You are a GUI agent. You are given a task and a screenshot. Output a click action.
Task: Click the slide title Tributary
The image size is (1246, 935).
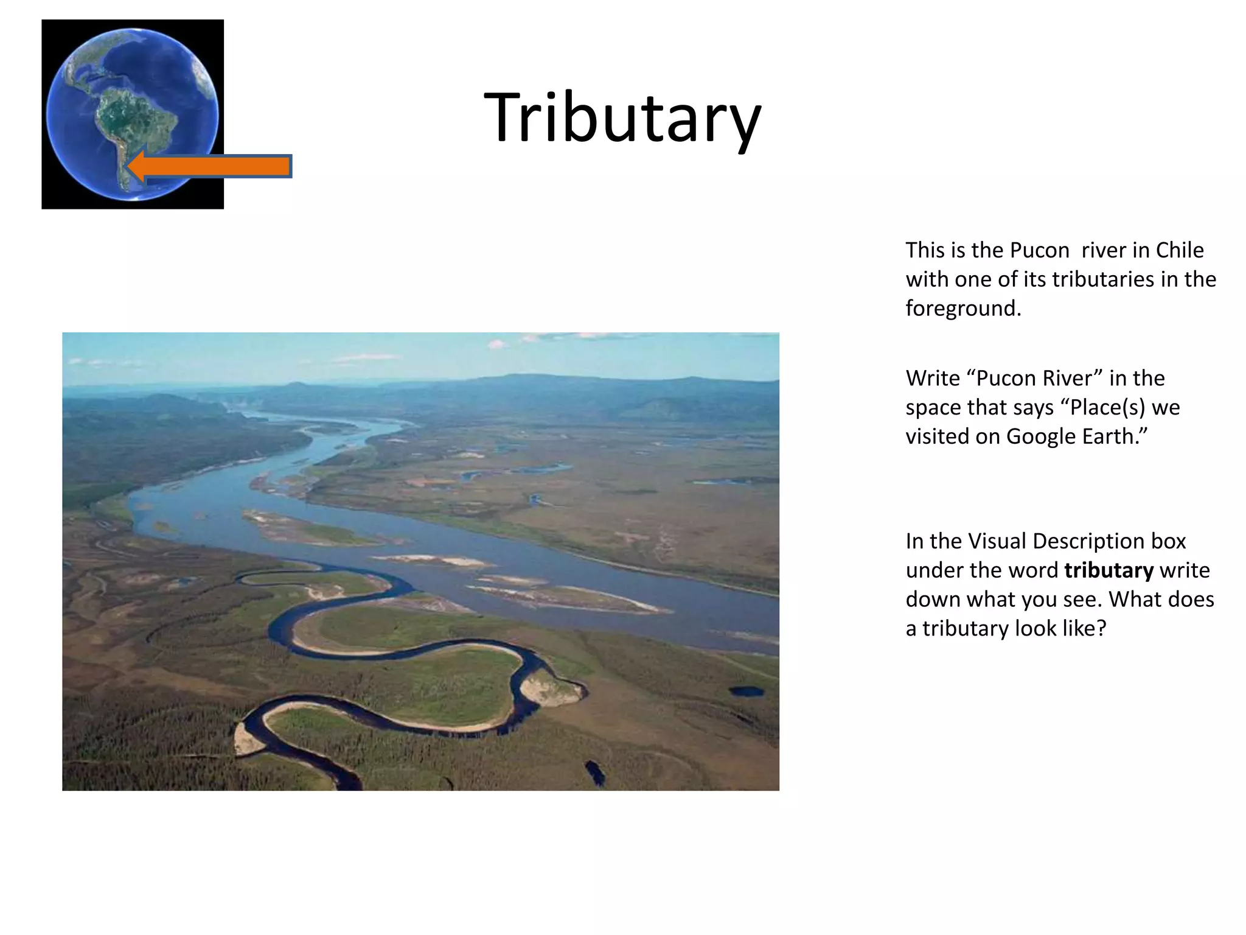622,117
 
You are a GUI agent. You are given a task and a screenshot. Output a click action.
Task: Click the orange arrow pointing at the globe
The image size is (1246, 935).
210,166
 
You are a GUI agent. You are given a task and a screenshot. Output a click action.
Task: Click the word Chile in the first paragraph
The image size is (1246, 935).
1179,250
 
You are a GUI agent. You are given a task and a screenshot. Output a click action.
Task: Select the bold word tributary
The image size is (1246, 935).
1109,570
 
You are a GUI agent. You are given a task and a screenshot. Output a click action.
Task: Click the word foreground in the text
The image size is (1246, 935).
962,309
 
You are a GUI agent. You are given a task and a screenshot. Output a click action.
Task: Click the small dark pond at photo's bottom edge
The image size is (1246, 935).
594,772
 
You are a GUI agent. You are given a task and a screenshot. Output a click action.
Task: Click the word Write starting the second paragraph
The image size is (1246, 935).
932,378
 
